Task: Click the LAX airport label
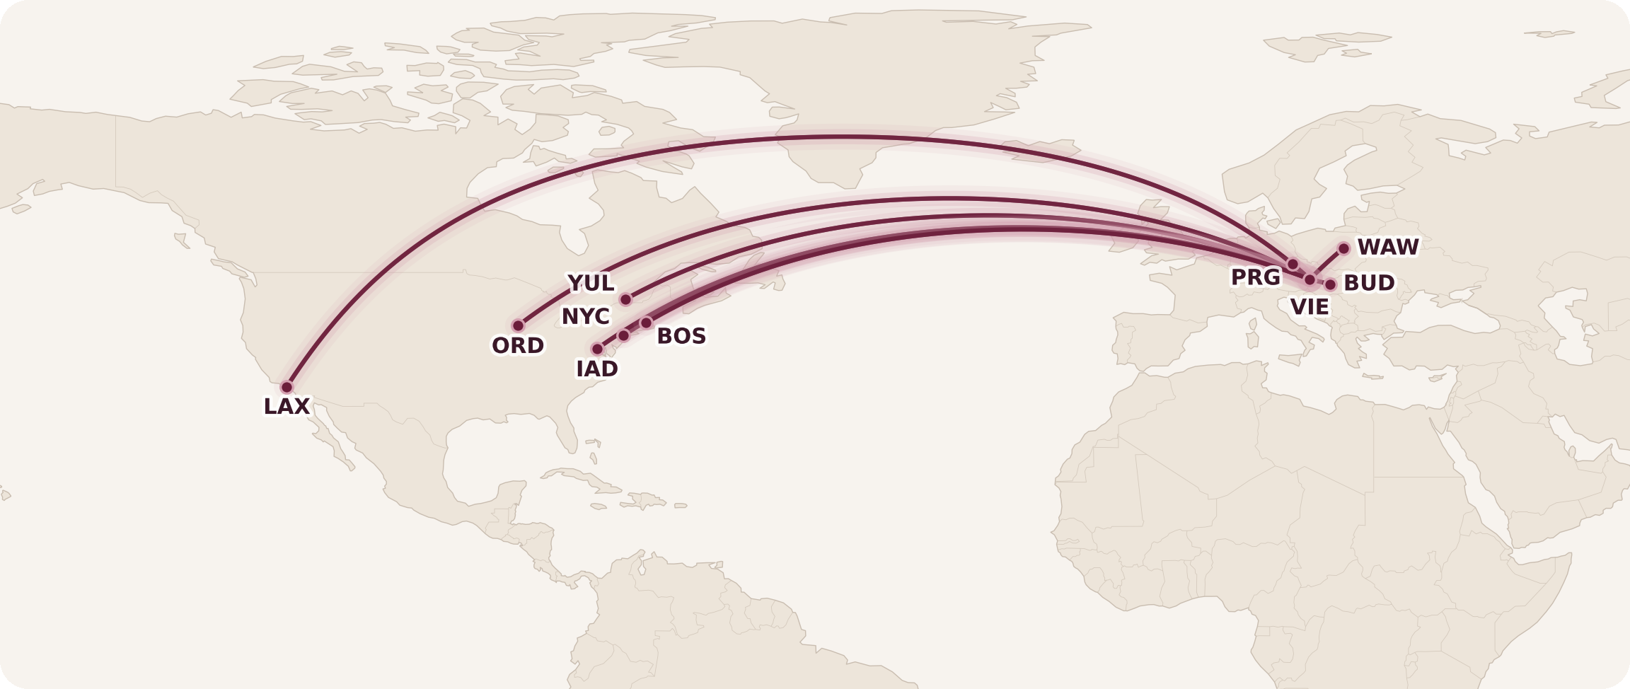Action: (287, 407)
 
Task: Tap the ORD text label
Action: (518, 346)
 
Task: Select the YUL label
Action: (591, 284)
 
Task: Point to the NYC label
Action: (585, 317)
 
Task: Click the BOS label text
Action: (681, 336)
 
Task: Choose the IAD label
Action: (597, 369)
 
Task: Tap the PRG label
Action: (1255, 277)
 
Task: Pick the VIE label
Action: (1309, 307)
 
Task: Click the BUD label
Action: (1368, 284)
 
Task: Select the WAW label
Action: (1387, 248)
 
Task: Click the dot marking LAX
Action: (287, 387)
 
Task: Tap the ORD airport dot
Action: (519, 325)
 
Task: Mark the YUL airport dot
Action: (625, 299)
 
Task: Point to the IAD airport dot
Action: (598, 349)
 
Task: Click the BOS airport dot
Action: (646, 323)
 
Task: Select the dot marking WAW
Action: (1343, 248)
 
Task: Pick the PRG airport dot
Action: (1293, 264)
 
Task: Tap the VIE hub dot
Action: (1310, 279)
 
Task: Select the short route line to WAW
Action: (1327, 263)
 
